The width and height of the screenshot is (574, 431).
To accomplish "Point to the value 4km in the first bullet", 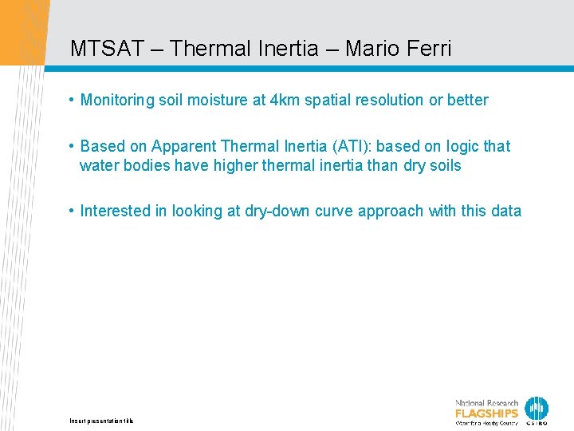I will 285,101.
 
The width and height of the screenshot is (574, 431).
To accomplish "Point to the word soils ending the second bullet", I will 444,166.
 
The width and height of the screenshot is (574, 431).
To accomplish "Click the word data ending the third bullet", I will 506,212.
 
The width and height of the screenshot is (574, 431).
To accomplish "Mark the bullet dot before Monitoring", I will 72,100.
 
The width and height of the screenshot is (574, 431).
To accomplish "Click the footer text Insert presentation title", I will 102,421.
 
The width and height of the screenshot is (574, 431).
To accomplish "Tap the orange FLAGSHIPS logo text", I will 486,413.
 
